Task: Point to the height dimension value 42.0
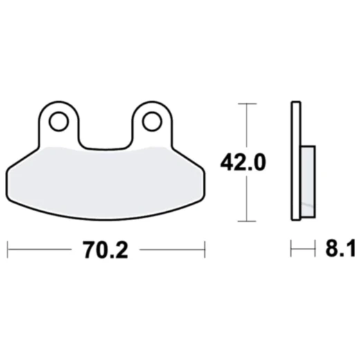(243, 163)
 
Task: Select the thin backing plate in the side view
(296, 162)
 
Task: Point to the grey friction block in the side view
(307, 180)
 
